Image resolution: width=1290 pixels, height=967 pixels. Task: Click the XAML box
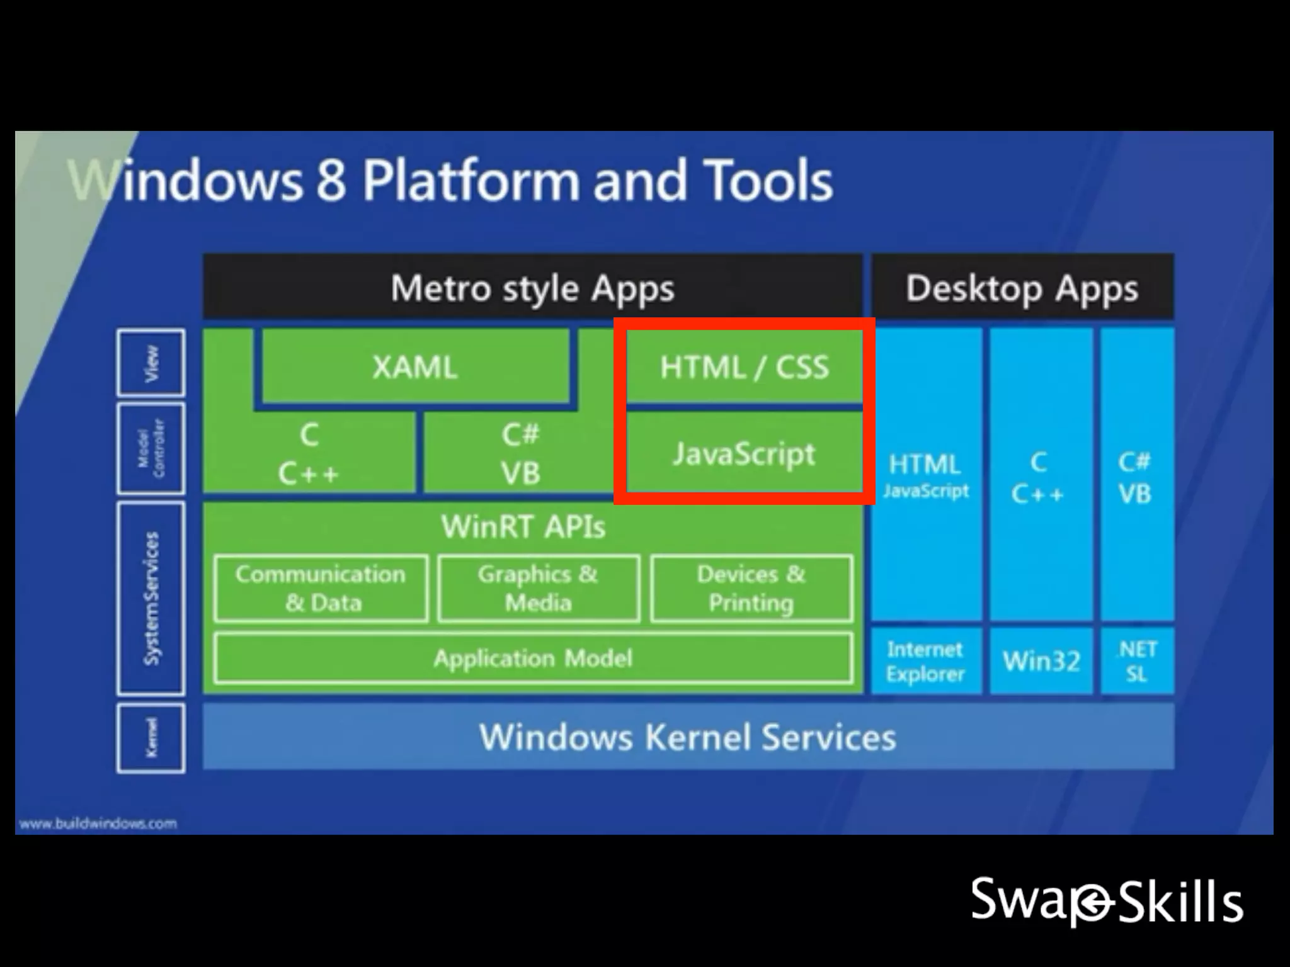tap(414, 366)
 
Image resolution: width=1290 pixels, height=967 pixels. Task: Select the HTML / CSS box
tap(744, 366)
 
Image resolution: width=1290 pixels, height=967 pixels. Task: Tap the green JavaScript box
tap(744, 453)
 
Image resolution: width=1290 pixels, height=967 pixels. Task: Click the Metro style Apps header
tap(532, 288)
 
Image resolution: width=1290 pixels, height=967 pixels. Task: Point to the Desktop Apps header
tap(1022, 288)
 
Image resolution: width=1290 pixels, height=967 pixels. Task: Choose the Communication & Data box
tap(321, 588)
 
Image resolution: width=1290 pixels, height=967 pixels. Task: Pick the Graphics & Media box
tap(539, 588)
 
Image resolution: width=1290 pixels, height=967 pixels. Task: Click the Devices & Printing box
tap(751, 588)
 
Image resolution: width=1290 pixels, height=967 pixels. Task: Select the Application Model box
tap(533, 659)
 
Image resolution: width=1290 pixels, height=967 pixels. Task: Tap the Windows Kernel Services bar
tap(688, 737)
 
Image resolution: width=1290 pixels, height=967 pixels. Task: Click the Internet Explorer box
tap(925, 661)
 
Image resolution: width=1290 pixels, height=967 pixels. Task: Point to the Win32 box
tap(1041, 661)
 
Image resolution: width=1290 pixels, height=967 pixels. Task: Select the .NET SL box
tap(1137, 661)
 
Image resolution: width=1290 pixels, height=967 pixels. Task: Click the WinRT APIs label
tap(523, 526)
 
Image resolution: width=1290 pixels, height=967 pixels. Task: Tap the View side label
tap(151, 363)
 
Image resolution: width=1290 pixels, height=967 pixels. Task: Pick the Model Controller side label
tap(151, 448)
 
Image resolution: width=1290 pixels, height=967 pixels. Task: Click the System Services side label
tap(151, 598)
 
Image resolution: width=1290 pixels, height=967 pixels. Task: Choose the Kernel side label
tap(151, 738)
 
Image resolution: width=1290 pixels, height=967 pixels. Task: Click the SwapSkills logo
tap(1107, 901)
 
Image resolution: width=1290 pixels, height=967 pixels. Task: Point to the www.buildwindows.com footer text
tap(98, 823)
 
